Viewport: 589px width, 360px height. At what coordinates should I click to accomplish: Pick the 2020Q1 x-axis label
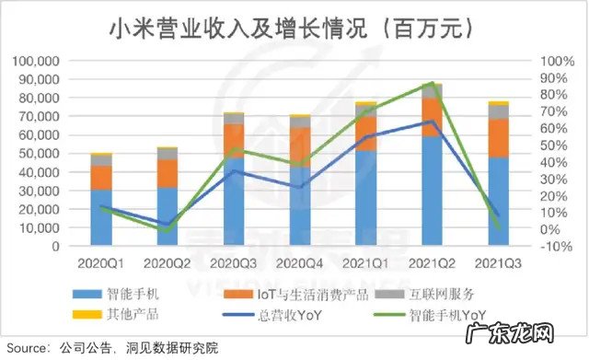coord(101,262)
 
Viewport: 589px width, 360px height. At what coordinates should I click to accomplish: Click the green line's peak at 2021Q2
coord(433,83)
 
